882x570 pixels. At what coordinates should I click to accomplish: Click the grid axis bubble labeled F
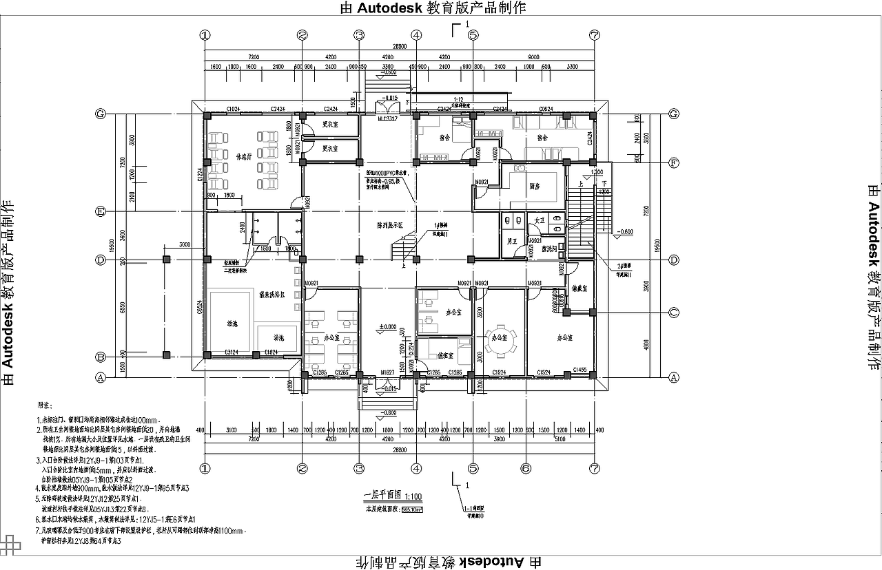tap(674, 163)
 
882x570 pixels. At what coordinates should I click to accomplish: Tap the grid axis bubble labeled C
tap(674, 312)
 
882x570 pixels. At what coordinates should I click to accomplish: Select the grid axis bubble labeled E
tap(101, 211)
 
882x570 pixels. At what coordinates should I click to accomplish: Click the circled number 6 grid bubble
tap(526, 469)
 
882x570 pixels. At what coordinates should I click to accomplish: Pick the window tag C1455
tap(580, 371)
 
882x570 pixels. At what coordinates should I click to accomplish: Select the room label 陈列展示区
tap(391, 225)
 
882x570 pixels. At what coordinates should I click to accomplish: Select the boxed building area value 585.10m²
tap(412, 510)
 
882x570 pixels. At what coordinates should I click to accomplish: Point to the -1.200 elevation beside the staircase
tap(597, 172)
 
